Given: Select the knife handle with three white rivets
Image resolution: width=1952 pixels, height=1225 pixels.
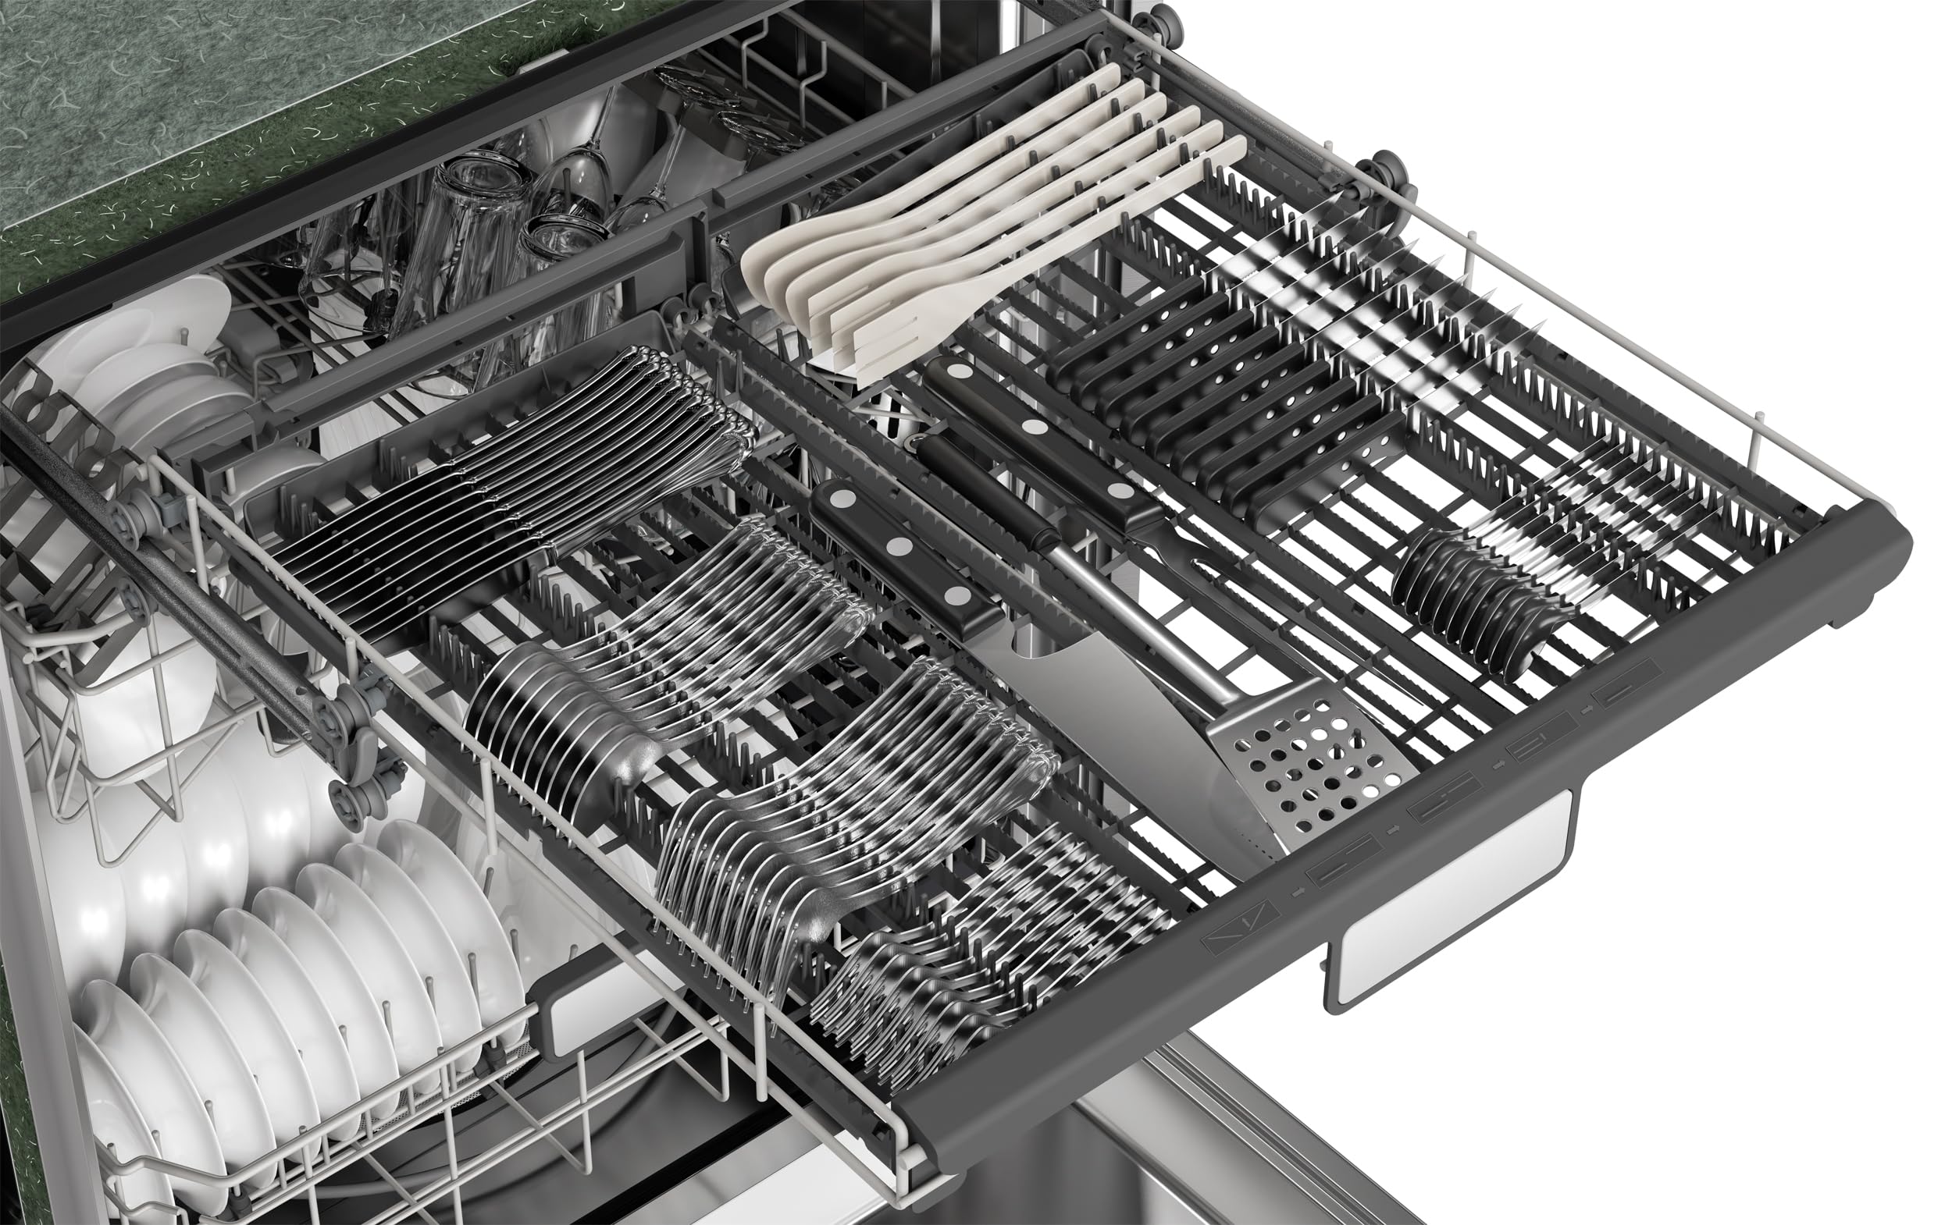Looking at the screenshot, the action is tap(899, 551).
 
